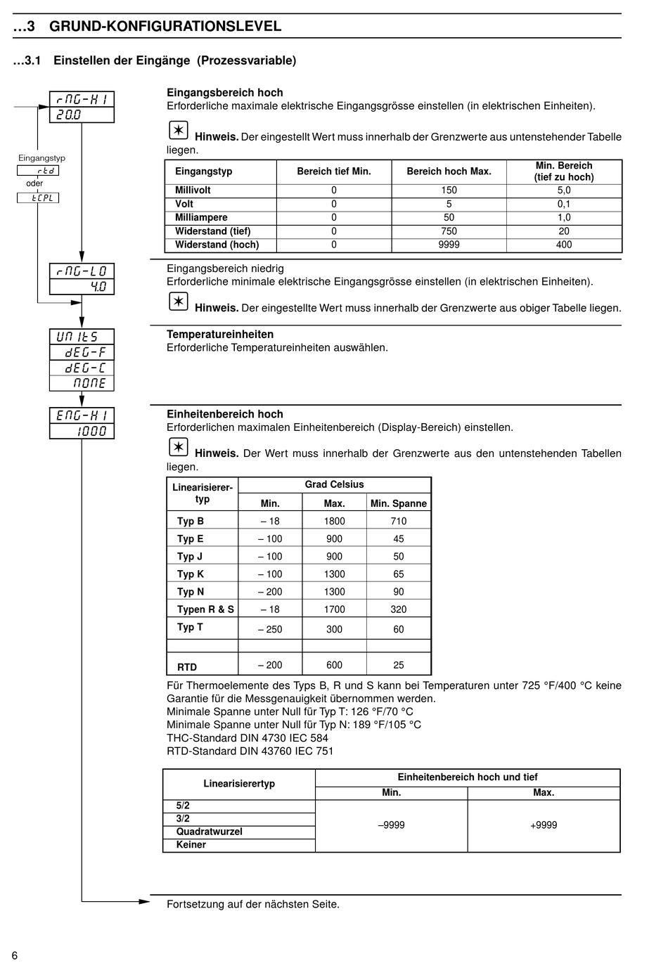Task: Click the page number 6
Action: (x=15, y=955)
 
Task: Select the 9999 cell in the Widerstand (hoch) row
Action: (x=449, y=245)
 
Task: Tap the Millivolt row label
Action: (x=193, y=190)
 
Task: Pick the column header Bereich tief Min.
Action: (x=334, y=172)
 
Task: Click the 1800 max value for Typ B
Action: (x=334, y=521)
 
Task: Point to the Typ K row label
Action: (x=191, y=574)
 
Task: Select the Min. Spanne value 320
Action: (x=399, y=609)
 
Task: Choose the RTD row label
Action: (x=187, y=666)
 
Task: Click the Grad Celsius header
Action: (x=334, y=484)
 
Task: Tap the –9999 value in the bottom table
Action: (x=392, y=825)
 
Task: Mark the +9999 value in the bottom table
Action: (x=544, y=825)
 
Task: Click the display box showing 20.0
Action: (x=82, y=115)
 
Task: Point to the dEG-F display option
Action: (x=82, y=352)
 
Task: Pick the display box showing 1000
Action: (x=82, y=431)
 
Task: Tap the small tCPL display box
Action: (x=38, y=198)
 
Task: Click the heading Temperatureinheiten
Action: (x=220, y=334)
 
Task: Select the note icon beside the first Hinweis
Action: (x=179, y=131)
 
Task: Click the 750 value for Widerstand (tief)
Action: (x=449, y=231)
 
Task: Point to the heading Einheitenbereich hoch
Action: (x=225, y=414)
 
